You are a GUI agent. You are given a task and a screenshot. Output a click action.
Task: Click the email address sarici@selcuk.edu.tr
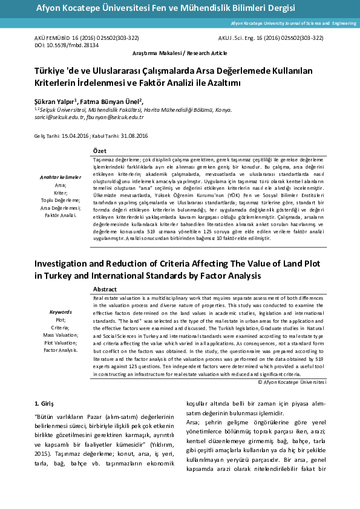(x=57, y=117)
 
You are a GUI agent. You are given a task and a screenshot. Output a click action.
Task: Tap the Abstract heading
(x=105, y=289)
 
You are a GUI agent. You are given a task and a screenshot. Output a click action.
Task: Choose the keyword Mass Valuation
(x=60, y=334)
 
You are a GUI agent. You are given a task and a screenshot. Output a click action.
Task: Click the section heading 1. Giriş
(x=45, y=403)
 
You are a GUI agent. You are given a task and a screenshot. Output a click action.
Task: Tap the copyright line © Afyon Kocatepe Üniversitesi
(x=292, y=382)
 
